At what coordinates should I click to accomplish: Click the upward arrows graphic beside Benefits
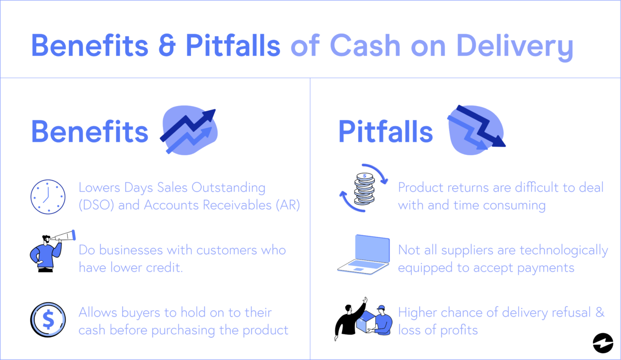point(189,132)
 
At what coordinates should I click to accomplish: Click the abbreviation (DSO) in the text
point(97,205)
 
